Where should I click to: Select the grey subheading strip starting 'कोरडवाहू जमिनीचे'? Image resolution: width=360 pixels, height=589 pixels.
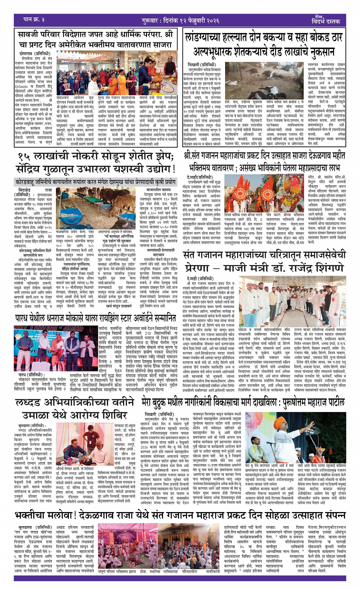pos(96,182)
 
